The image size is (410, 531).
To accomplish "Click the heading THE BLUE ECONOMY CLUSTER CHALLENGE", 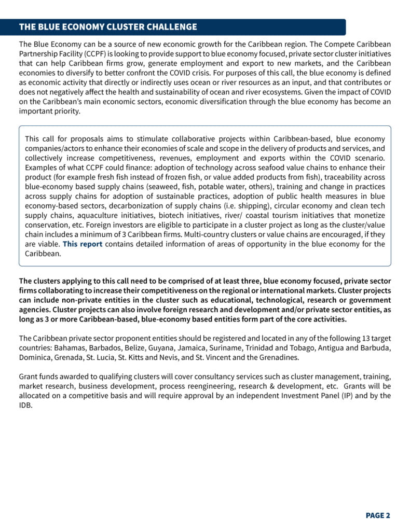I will (108, 27).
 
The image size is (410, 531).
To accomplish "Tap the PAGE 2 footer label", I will (378, 515).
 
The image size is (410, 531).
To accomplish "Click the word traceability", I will (346, 177).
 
